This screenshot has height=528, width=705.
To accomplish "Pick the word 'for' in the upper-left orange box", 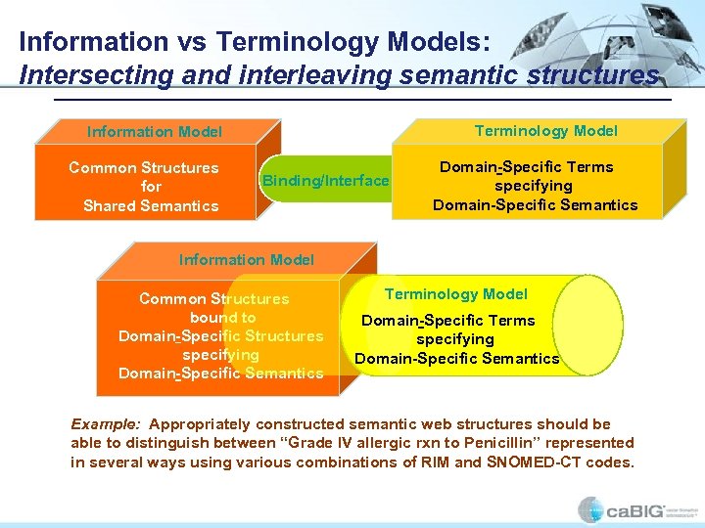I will click(x=151, y=186).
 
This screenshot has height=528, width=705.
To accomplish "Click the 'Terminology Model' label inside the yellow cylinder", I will click(x=455, y=293).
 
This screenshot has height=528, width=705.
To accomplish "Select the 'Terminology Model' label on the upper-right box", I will click(x=545, y=130).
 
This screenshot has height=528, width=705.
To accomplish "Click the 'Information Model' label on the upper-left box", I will click(x=154, y=131).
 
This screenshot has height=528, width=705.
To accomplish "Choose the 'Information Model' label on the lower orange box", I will click(x=246, y=259).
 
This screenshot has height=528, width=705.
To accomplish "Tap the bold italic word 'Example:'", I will click(x=106, y=424).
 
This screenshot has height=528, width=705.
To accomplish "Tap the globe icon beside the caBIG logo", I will click(x=590, y=509).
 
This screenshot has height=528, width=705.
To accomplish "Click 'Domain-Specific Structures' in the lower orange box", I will click(x=220, y=335).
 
